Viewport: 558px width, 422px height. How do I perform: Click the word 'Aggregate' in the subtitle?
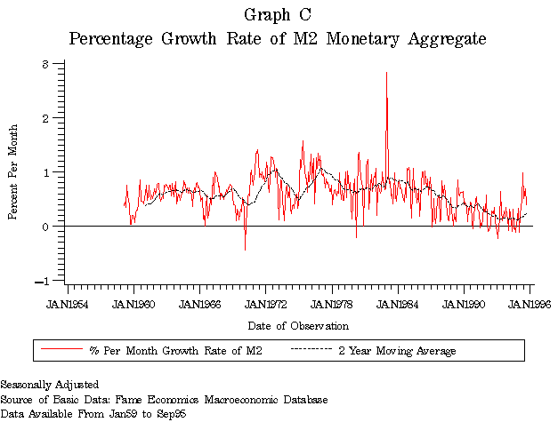click(438, 39)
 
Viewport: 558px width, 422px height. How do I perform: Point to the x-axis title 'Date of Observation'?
click(298, 327)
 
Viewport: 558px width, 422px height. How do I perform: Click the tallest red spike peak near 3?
click(386, 73)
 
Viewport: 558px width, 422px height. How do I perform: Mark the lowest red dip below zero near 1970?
click(245, 250)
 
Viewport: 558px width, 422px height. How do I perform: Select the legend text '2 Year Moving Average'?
click(397, 351)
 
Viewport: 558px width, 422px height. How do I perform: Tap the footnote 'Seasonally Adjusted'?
click(49, 385)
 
